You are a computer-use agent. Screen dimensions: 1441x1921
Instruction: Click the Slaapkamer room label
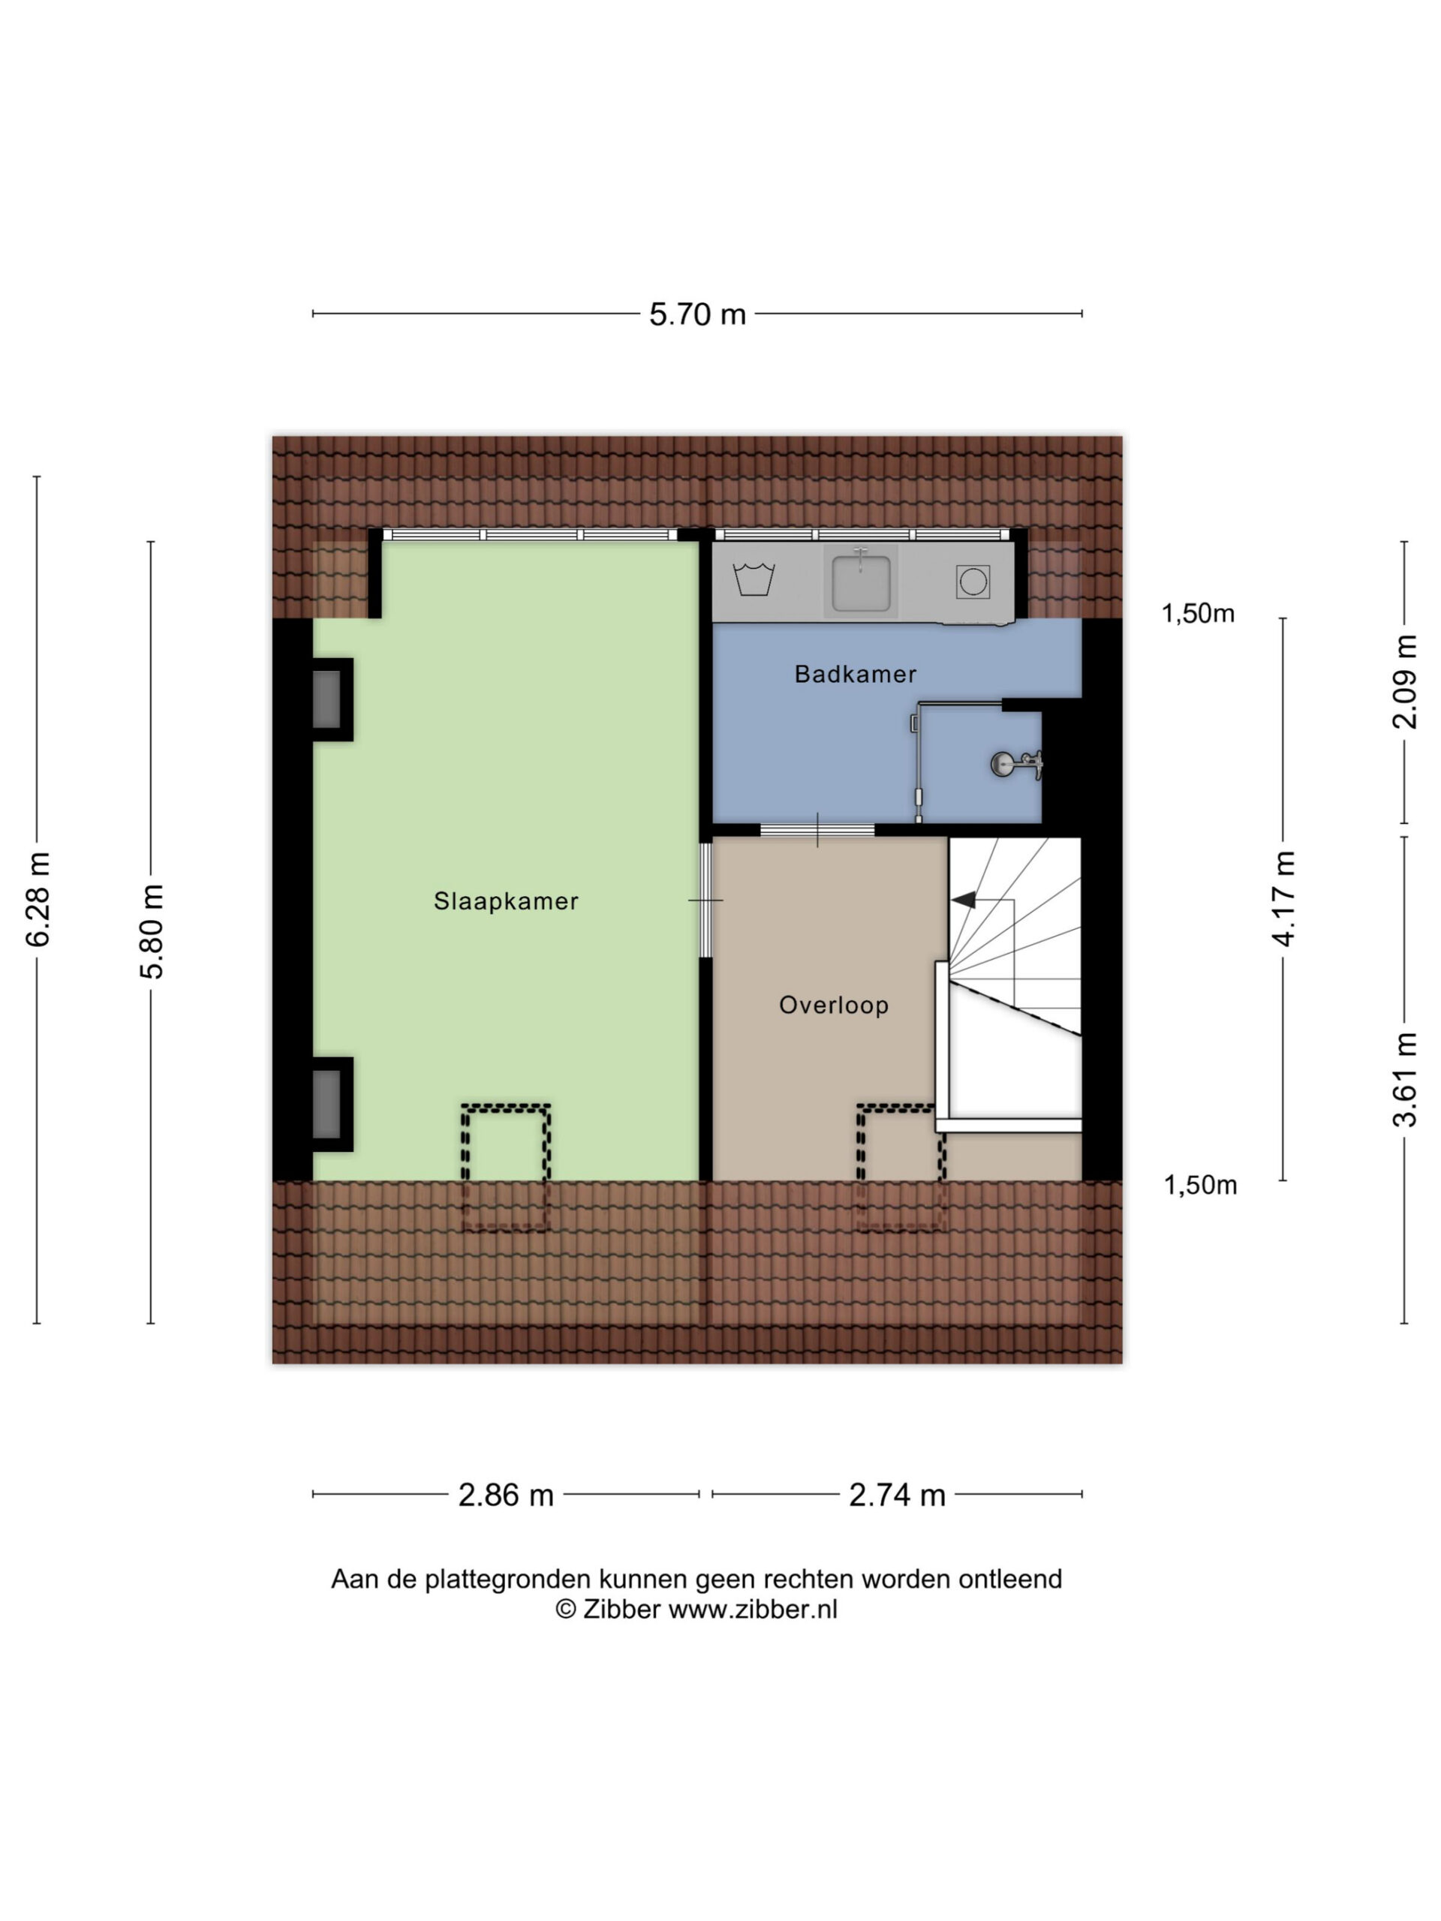(x=506, y=900)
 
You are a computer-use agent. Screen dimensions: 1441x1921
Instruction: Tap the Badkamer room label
(x=856, y=674)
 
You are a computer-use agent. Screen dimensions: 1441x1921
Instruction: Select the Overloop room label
(x=834, y=1005)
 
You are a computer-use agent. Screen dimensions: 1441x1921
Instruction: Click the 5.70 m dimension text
(x=697, y=314)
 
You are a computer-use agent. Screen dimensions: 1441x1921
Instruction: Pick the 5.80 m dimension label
(x=152, y=931)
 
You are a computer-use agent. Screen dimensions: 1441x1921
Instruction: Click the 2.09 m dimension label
(x=1404, y=681)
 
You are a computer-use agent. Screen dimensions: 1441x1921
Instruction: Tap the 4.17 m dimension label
(x=1283, y=899)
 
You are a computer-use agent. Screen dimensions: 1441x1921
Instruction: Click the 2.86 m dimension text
(x=506, y=1495)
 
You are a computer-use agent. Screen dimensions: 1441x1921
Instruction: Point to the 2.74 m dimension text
(x=898, y=1495)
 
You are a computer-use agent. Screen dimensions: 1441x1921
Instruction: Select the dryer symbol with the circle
(x=973, y=581)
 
